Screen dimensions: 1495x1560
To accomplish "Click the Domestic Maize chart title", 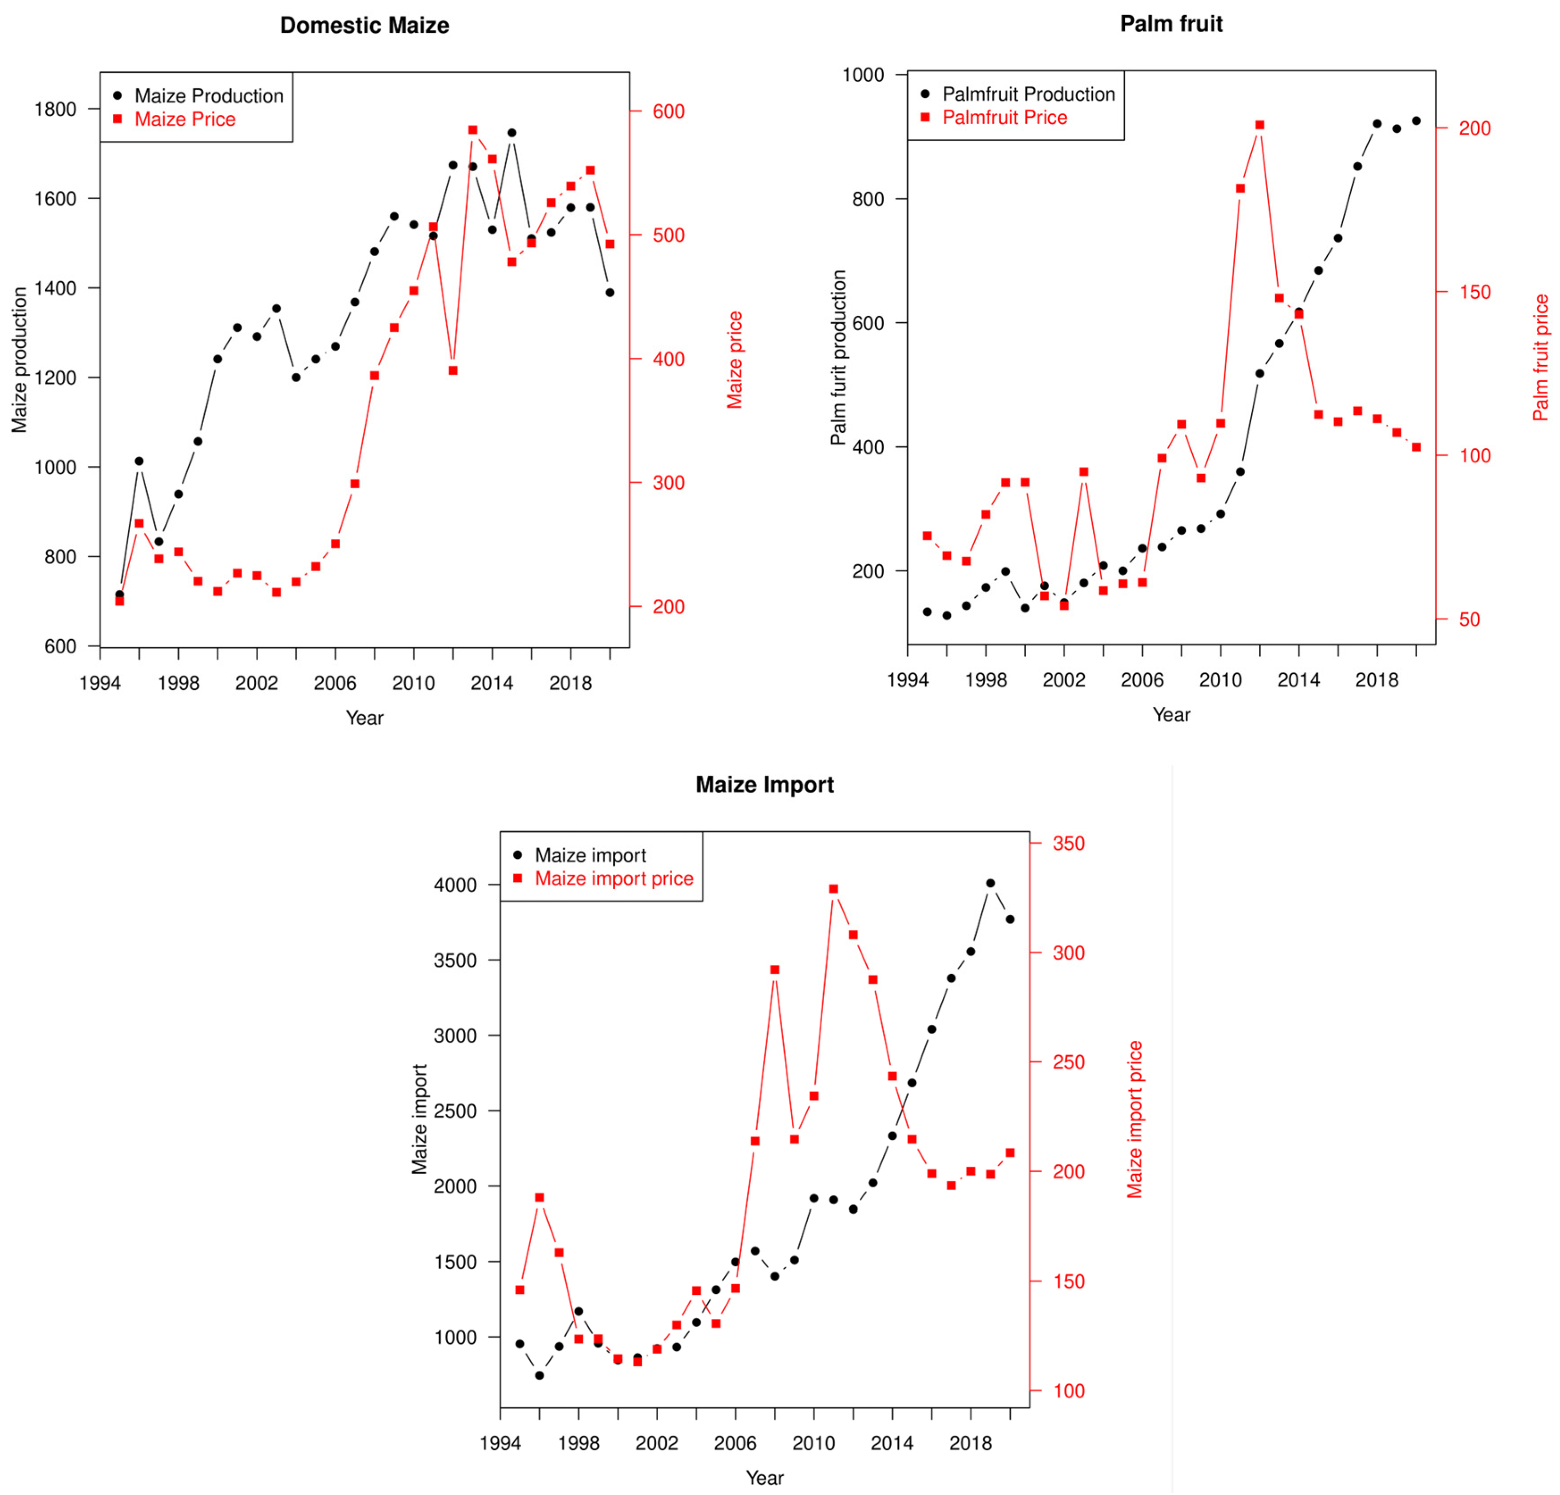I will point(365,26).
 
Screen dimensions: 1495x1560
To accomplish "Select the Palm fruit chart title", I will point(1171,24).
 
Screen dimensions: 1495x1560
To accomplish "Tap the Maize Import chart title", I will point(764,784).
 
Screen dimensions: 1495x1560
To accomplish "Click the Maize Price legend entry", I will point(185,120).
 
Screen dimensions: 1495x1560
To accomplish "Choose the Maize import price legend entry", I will point(613,878).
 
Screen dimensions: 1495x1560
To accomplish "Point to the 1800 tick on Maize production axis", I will point(55,109).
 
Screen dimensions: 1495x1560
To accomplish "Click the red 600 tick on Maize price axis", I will point(668,111).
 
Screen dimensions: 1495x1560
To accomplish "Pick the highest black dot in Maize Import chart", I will point(990,883).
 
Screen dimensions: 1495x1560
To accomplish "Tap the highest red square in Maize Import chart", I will point(833,889).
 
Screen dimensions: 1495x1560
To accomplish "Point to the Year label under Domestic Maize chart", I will point(365,718).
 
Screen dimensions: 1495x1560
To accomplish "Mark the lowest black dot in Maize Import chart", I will point(540,1375).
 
